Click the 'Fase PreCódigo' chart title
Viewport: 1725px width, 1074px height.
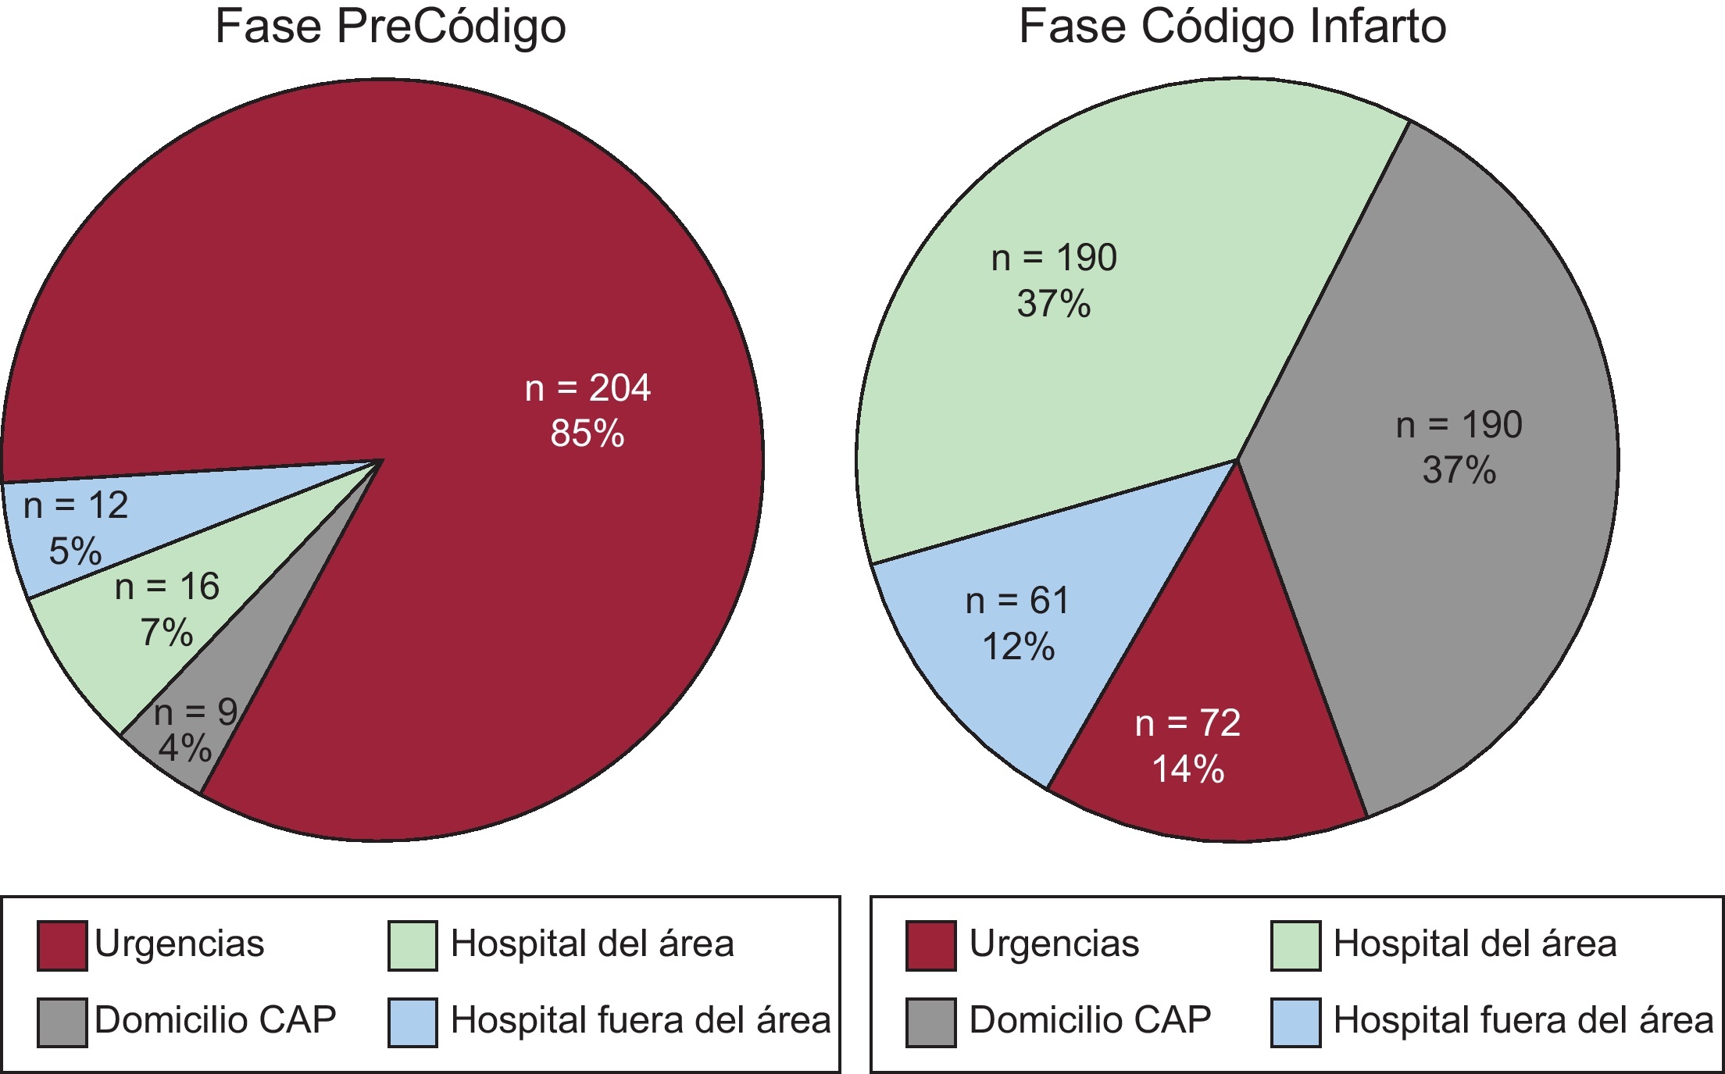click(x=390, y=27)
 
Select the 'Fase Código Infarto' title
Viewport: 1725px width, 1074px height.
click(x=1232, y=27)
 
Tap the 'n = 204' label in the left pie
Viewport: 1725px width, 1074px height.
click(x=587, y=388)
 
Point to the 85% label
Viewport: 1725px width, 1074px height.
click(x=587, y=434)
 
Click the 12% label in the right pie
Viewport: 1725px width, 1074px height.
click(x=1018, y=647)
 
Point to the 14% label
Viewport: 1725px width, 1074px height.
click(x=1188, y=769)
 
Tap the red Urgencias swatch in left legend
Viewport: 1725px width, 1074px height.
click(x=62, y=946)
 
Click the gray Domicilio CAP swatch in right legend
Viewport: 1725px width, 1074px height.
click(x=930, y=1022)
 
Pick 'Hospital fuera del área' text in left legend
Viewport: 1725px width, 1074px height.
click(x=641, y=1020)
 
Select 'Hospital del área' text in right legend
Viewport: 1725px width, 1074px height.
click(x=1475, y=944)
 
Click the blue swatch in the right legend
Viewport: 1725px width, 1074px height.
click(x=1295, y=1022)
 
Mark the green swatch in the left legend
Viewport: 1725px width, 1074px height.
click(x=412, y=946)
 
